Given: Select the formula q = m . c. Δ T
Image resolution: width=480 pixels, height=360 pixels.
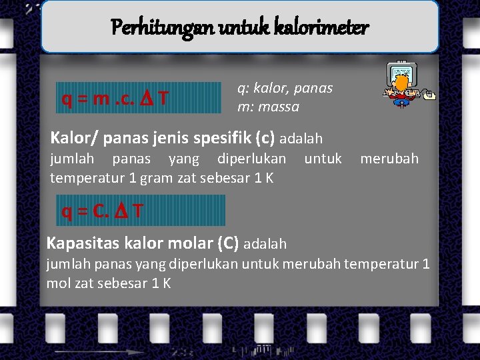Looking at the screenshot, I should (115, 99).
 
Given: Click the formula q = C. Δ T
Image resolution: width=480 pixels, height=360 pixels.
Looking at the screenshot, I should (102, 211).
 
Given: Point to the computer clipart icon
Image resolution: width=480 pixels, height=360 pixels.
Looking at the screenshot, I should (405, 83).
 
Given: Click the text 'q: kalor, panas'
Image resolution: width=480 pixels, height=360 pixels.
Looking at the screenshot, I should (285, 88).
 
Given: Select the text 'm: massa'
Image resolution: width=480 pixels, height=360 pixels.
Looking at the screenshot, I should (268, 107).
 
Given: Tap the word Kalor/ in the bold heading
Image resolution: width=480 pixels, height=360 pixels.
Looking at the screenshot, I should (72, 139).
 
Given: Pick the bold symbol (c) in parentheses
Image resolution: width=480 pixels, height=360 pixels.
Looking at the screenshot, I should (265, 139).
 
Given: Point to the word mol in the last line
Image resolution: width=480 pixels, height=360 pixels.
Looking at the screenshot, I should (57, 283).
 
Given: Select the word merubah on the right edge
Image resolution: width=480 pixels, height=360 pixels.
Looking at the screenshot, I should (389, 159).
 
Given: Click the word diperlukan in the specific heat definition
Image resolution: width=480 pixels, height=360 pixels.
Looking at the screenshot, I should (251, 159).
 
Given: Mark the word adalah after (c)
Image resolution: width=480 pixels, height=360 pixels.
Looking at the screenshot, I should (301, 139).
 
